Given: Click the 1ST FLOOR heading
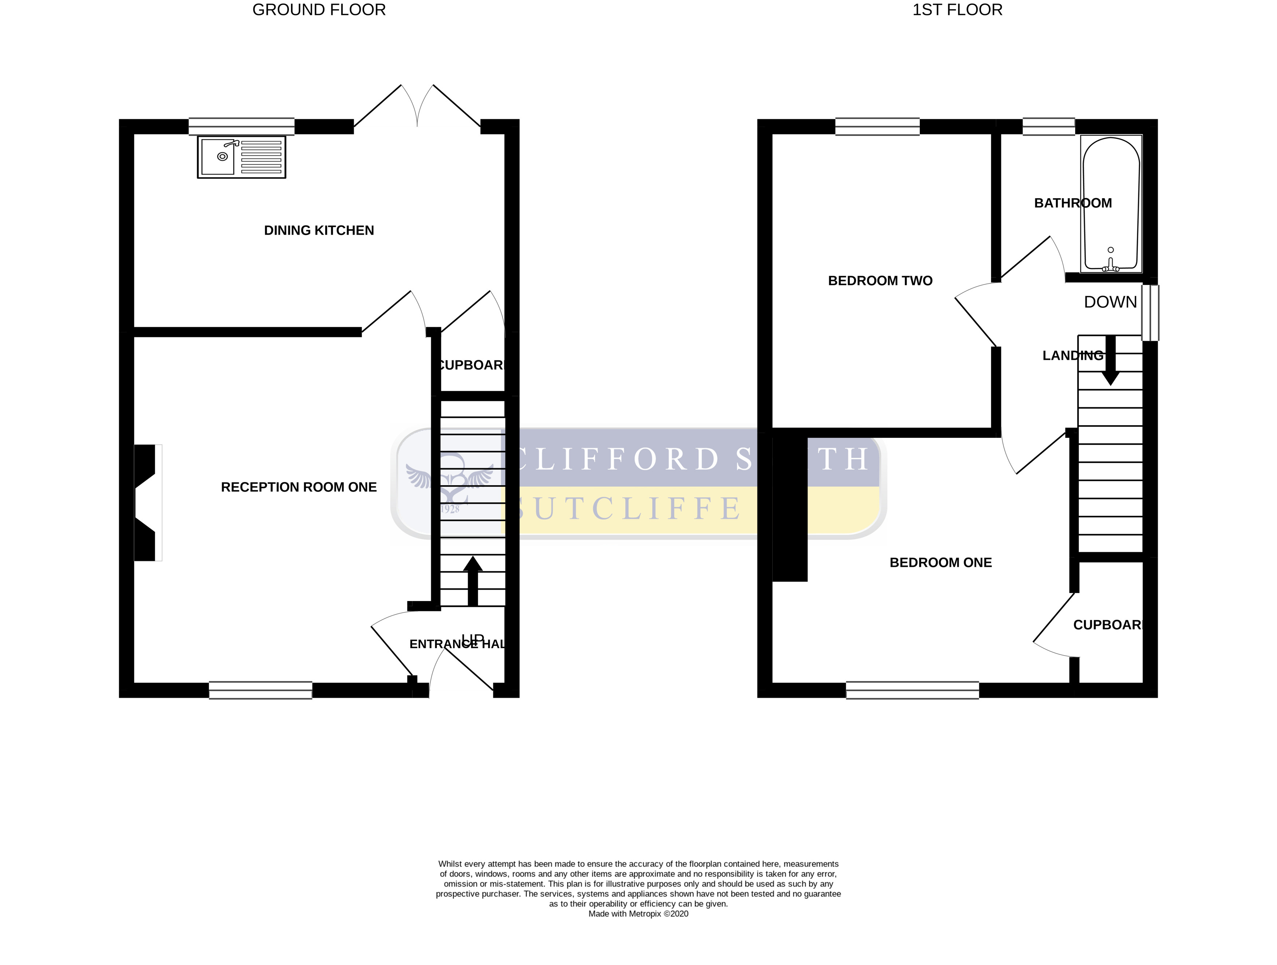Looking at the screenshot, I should coord(957,10).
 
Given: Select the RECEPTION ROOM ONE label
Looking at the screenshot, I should coord(299,487).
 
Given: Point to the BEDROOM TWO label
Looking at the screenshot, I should coord(880,281).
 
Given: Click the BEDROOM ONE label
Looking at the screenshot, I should coord(941,562).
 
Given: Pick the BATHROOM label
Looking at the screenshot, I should coord(1073,203).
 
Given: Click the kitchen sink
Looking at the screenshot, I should coord(241,157).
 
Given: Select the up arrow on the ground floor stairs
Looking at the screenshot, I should coord(473,580).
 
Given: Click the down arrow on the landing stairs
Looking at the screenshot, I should coord(1110,361).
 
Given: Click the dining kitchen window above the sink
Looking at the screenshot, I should coord(241,126).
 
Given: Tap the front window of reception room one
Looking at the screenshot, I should coord(260,690).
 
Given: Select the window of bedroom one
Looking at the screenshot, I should coord(912,690).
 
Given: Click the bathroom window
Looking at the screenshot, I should coord(1048,126).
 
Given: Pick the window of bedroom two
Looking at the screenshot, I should coord(877,126).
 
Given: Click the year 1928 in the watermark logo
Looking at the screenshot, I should coord(450,509).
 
